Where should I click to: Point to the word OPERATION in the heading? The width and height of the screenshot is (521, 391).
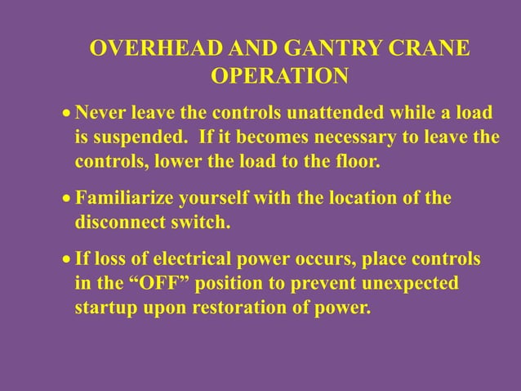coord(279,76)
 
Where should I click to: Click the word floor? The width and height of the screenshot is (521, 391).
coord(357,160)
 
